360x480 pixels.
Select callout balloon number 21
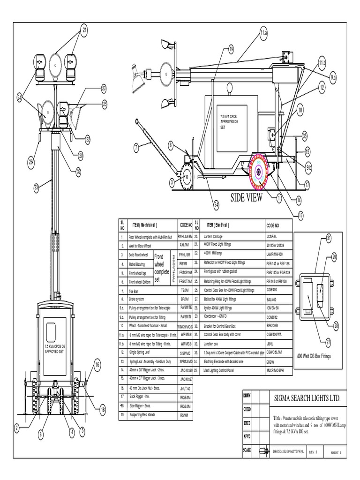84,31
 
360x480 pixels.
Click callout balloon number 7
136,148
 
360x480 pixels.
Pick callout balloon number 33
37,187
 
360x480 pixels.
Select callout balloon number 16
97,364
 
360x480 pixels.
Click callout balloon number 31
329,239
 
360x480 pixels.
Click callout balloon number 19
231,49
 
